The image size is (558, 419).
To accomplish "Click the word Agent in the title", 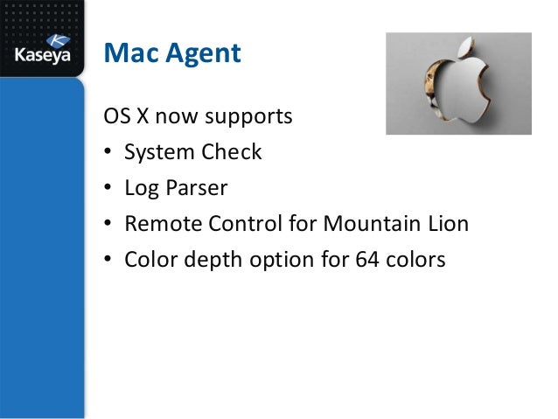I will [x=199, y=54].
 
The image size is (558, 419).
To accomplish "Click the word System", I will [x=159, y=152].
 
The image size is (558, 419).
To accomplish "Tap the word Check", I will [x=232, y=152].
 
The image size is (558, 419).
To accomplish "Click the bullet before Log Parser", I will [x=108, y=189].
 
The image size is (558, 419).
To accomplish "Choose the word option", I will [x=278, y=260].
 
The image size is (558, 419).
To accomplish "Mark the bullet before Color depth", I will [x=108, y=261].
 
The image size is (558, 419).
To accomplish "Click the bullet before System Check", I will [x=108, y=153].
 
